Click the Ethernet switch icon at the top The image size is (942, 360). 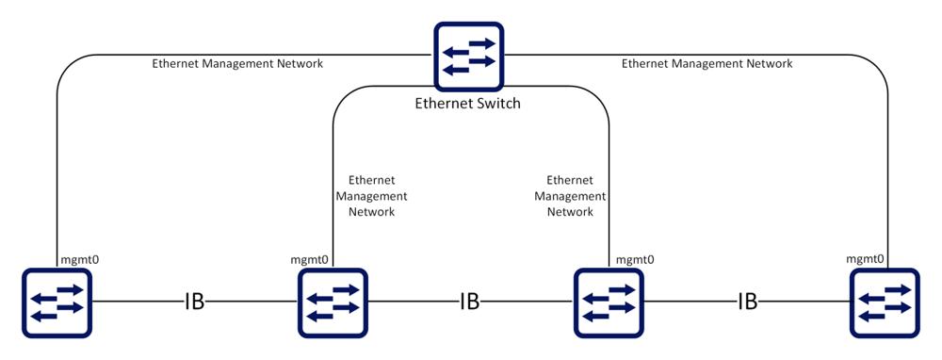click(468, 57)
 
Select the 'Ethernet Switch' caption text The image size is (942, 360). click(468, 104)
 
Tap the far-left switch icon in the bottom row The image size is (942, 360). click(57, 303)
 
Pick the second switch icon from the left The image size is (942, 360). click(333, 303)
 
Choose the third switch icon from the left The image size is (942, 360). click(609, 303)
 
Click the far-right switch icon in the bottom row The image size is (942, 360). click(885, 303)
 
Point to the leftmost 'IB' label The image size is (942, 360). click(195, 303)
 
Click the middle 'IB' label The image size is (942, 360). click(470, 303)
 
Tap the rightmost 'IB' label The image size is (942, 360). click(747, 303)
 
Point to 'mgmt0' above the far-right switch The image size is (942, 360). click(865, 260)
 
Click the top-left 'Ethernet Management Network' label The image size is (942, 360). click(238, 63)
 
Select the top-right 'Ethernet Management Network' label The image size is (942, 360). click(707, 63)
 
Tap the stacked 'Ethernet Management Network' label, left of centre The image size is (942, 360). click(372, 196)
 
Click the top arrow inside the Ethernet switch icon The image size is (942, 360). click(482, 43)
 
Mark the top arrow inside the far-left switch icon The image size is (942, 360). click(71, 289)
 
